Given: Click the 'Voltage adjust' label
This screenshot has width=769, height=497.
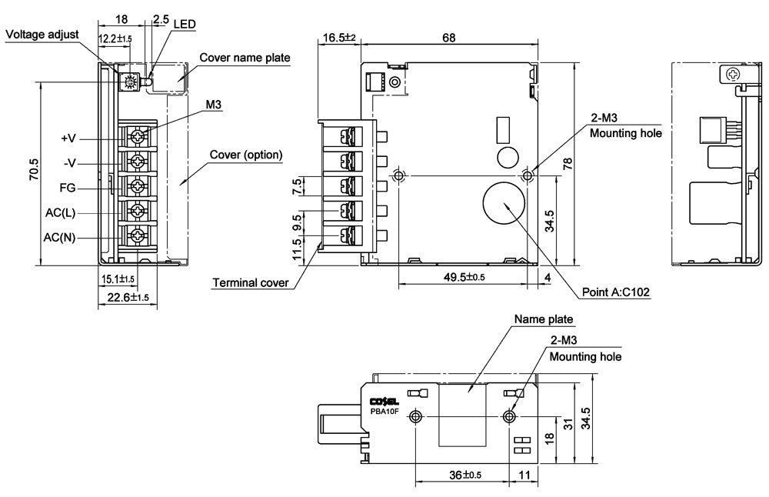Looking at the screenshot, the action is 42,35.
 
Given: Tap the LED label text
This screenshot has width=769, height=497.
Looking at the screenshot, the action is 185,24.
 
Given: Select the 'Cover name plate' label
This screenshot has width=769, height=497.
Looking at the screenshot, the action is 245,58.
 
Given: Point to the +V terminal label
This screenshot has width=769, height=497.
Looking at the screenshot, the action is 68,138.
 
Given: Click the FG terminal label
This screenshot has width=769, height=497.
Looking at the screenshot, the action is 68,188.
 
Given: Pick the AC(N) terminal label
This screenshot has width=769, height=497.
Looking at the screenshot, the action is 59,238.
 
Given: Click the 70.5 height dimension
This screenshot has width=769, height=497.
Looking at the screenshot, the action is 34,168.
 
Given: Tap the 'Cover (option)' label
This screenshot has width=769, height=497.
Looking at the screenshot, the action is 246,155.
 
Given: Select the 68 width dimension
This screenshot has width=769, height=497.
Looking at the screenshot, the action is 449,37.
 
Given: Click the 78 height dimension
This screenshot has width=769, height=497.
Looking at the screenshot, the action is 568,163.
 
